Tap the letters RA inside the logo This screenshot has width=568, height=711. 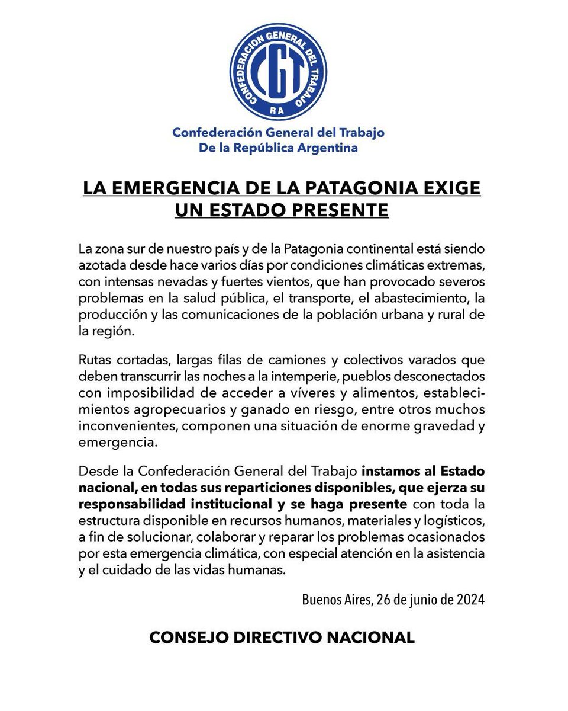(x=278, y=111)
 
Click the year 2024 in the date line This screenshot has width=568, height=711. (x=470, y=600)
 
